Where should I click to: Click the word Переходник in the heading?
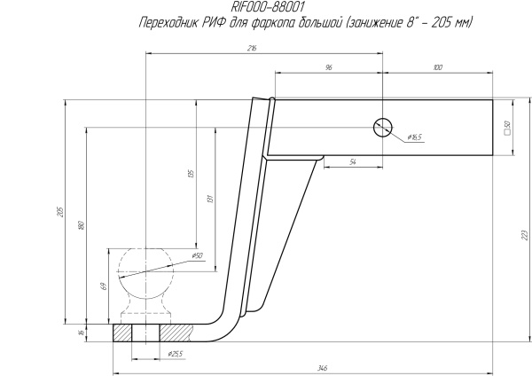[x=169, y=21]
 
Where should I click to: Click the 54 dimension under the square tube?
[x=352, y=162]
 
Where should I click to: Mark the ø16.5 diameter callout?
[x=415, y=137]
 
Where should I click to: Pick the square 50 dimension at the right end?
[x=506, y=127]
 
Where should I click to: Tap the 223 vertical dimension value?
[x=525, y=234]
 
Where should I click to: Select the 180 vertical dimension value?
[x=80, y=225]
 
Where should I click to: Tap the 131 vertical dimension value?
[x=210, y=199]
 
